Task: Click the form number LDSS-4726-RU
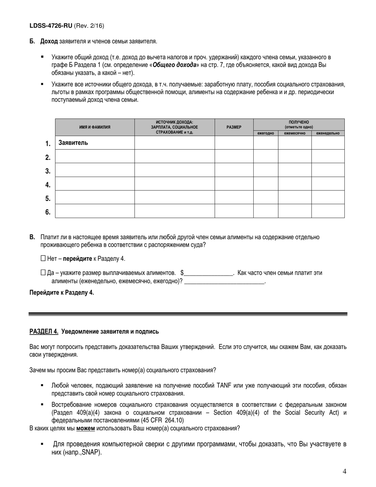click(x=51, y=26)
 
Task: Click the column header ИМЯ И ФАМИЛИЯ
click(x=95, y=127)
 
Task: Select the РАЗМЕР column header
click(x=234, y=127)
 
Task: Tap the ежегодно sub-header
click(x=266, y=133)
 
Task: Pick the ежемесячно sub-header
click(x=294, y=133)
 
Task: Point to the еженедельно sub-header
click(x=328, y=133)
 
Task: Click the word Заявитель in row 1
click(x=73, y=143)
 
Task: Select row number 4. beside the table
click(x=48, y=185)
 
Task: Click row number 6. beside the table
click(x=48, y=212)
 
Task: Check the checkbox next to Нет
click(x=43, y=259)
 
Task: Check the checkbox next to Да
click(x=43, y=273)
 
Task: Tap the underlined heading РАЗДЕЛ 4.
click(x=44, y=331)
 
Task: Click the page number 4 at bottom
click(x=344, y=471)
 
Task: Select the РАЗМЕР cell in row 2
click(x=234, y=156)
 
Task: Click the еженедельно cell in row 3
click(x=328, y=170)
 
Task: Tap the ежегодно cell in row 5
click(x=266, y=197)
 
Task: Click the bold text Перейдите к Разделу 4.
click(x=62, y=293)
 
